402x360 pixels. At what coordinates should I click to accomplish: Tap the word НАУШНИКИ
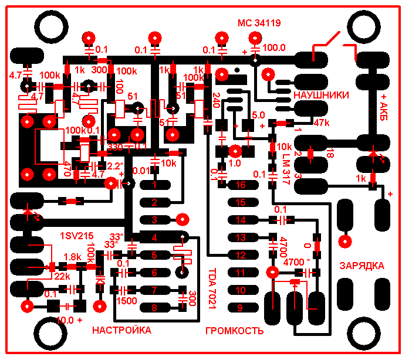(x=321, y=95)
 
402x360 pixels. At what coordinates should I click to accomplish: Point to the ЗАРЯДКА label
(x=362, y=266)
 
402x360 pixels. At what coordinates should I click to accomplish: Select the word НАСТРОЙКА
(x=121, y=331)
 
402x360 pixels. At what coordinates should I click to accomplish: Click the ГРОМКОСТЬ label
(x=234, y=331)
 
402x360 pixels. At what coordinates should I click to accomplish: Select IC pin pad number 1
(x=154, y=185)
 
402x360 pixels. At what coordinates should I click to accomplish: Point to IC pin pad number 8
(x=154, y=307)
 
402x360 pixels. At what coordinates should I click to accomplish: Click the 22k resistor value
(x=61, y=276)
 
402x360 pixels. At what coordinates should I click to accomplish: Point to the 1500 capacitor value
(x=127, y=301)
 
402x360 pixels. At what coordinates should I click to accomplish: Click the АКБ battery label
(x=385, y=104)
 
